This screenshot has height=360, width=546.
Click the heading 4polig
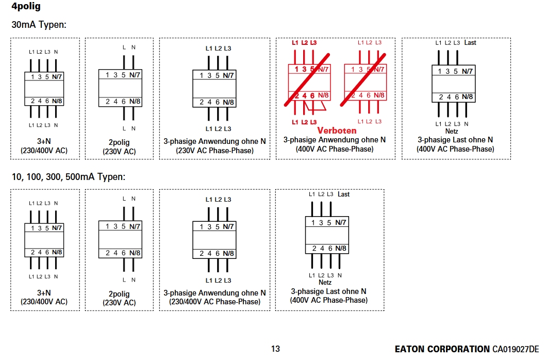[x=26, y=6]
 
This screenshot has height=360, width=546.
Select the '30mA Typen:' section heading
[x=39, y=25]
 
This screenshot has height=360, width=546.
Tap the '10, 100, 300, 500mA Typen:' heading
[x=68, y=177]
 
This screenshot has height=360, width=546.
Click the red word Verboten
[x=337, y=130]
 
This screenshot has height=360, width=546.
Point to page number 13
[x=275, y=349]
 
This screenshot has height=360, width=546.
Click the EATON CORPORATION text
[x=442, y=349]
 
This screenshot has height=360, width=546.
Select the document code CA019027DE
[x=516, y=349]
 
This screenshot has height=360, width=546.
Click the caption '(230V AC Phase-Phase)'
[x=214, y=151]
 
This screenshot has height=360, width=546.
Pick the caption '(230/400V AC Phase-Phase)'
[x=214, y=302]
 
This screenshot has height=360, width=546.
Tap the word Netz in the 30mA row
[x=451, y=131]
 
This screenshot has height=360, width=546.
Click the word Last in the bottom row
[x=343, y=194]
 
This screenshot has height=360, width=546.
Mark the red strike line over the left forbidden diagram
[x=307, y=80]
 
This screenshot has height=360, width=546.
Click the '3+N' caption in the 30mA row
[x=44, y=141]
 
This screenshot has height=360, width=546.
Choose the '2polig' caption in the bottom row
[x=119, y=294]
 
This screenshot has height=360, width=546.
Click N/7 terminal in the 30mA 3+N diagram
[x=57, y=77]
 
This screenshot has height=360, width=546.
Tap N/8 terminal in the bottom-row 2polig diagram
[x=135, y=253]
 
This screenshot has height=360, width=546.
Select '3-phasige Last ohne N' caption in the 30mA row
[x=455, y=140]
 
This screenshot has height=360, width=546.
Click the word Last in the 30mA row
[x=470, y=42]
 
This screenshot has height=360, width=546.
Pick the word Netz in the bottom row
[x=325, y=282]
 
